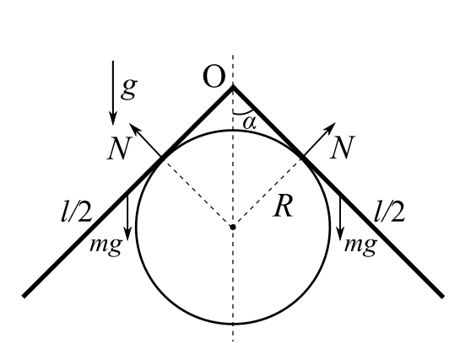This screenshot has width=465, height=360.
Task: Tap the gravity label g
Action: pyautogui.click(x=129, y=89)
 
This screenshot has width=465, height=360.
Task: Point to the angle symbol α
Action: pyautogui.click(x=249, y=122)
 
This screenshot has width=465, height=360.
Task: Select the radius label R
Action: pyautogui.click(x=284, y=207)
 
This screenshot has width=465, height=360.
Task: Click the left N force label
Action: pyautogui.click(x=119, y=148)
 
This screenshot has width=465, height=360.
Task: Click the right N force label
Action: pyautogui.click(x=343, y=148)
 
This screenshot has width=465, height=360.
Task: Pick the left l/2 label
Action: pyautogui.click(x=76, y=212)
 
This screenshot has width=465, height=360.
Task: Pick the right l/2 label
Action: pyautogui.click(x=389, y=212)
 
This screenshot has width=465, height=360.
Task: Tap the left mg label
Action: pyautogui.click(x=105, y=245)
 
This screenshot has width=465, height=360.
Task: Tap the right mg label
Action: pyautogui.click(x=360, y=245)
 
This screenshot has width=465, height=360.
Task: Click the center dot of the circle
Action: pyautogui.click(x=233, y=227)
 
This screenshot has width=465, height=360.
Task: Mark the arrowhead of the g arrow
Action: pyautogui.click(x=113, y=119)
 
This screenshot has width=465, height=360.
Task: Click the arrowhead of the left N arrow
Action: pyautogui.click(x=133, y=127)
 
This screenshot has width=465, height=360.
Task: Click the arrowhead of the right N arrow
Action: pyautogui.click(x=332, y=126)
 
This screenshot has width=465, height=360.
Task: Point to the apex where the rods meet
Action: pyautogui.click(x=233, y=86)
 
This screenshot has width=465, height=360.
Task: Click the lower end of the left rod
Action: pyautogui.click(x=24, y=296)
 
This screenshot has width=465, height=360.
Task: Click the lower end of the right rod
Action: pyautogui.click(x=442, y=296)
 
